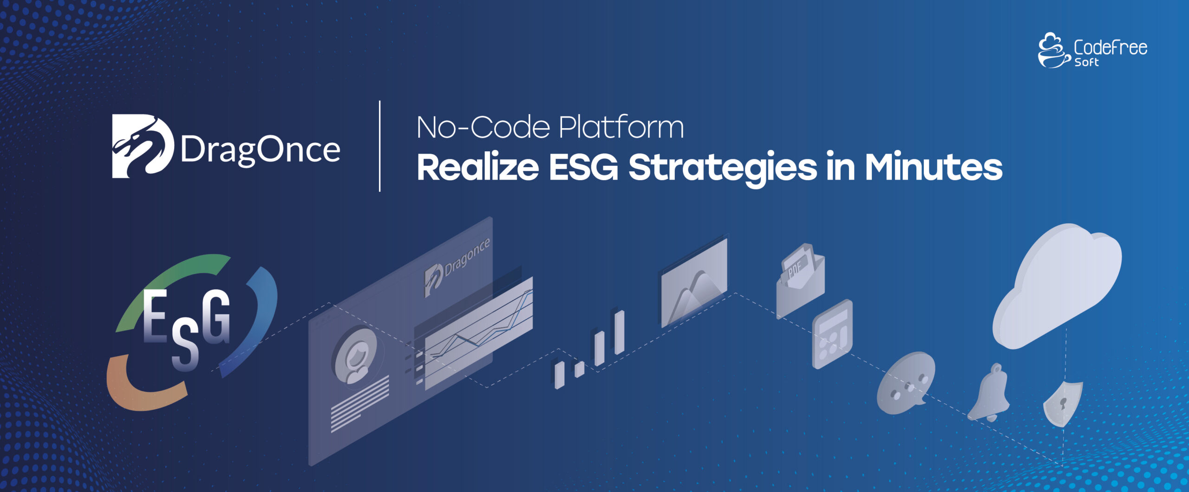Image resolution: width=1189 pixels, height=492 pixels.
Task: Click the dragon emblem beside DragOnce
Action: coord(143,146)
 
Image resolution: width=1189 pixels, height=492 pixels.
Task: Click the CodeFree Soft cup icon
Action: coord(1053,50)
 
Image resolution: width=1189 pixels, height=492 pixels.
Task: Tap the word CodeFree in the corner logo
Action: coord(1110,47)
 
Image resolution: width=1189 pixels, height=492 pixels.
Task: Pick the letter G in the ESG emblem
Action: coord(216,317)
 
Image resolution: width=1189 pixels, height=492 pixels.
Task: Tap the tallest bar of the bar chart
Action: coord(619,332)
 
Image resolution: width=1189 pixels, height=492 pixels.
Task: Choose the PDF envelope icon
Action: coord(800,280)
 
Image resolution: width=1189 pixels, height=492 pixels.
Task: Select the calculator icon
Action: coord(832,334)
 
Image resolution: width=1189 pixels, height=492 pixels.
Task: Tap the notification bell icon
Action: coord(990,394)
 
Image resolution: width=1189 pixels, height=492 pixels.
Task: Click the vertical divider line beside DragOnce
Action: coord(380,146)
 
